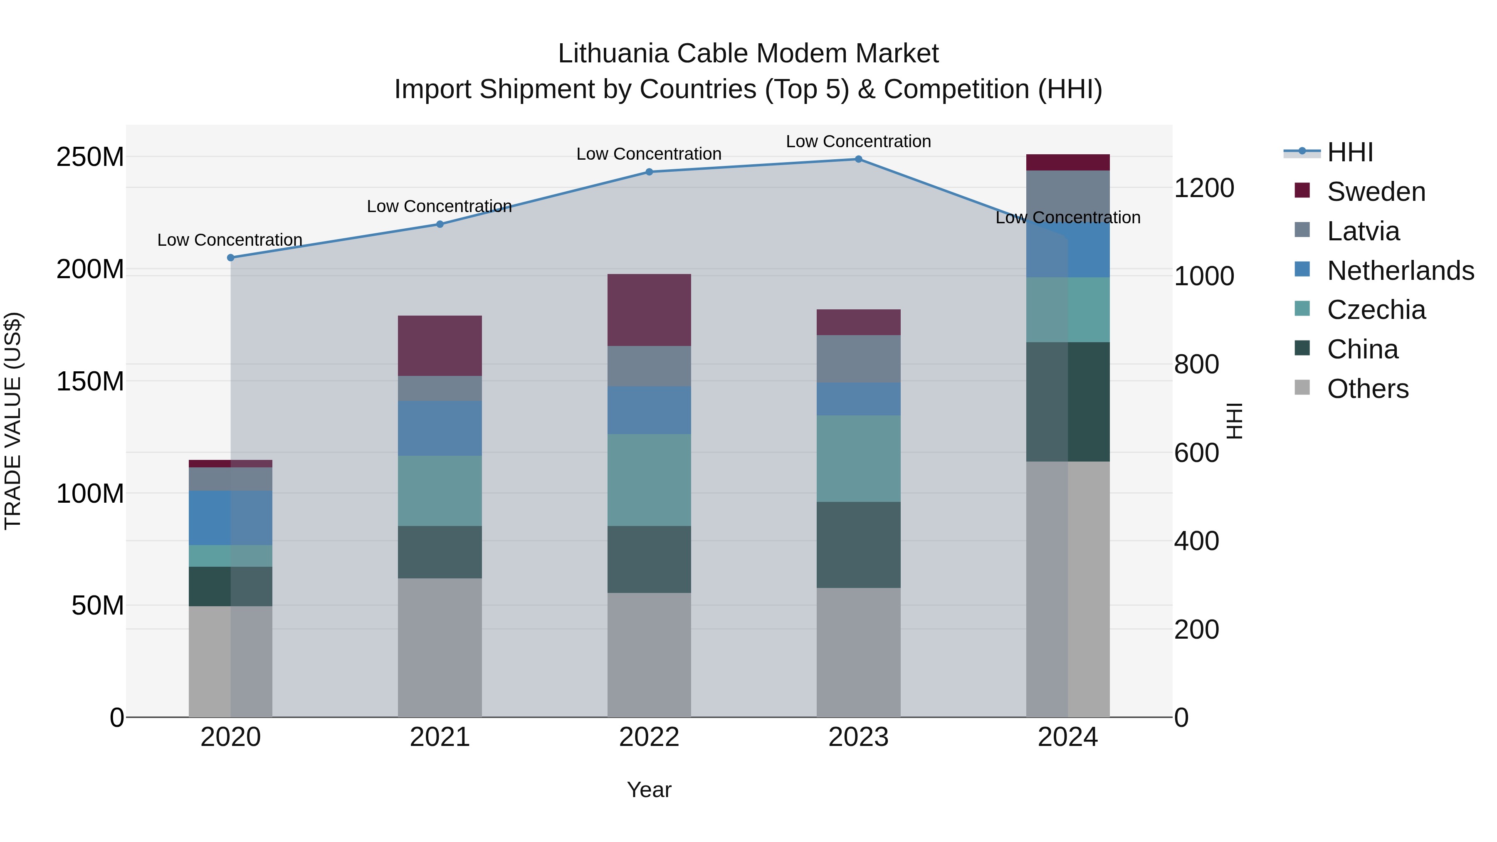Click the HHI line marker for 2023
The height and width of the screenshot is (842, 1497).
pyautogui.click(x=858, y=159)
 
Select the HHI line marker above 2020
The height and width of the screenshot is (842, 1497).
pyautogui.click(x=231, y=257)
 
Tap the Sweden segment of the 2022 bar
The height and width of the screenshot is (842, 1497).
pyautogui.click(x=649, y=310)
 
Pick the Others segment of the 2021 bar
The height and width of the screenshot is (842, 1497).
pyautogui.click(x=440, y=647)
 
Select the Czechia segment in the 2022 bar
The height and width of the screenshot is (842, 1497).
pyautogui.click(x=649, y=480)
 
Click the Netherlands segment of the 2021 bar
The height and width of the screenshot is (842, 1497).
pyautogui.click(x=440, y=428)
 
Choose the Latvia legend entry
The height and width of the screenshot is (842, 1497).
pyautogui.click(x=1363, y=231)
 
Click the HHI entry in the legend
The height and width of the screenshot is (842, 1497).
pyautogui.click(x=1349, y=152)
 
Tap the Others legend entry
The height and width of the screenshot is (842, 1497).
pyautogui.click(x=1367, y=389)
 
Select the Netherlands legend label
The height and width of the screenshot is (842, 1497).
pyautogui.click(x=1400, y=271)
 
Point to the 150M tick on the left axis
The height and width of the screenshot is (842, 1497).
pyautogui.click(x=90, y=382)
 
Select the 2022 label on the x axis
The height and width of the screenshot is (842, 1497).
pyautogui.click(x=649, y=737)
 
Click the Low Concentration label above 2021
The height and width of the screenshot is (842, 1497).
pyautogui.click(x=440, y=206)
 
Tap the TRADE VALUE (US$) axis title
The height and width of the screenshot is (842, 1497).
pyautogui.click(x=13, y=421)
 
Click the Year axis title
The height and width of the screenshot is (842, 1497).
pyautogui.click(x=649, y=790)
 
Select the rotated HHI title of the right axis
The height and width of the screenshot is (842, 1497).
pyautogui.click(x=1234, y=421)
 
